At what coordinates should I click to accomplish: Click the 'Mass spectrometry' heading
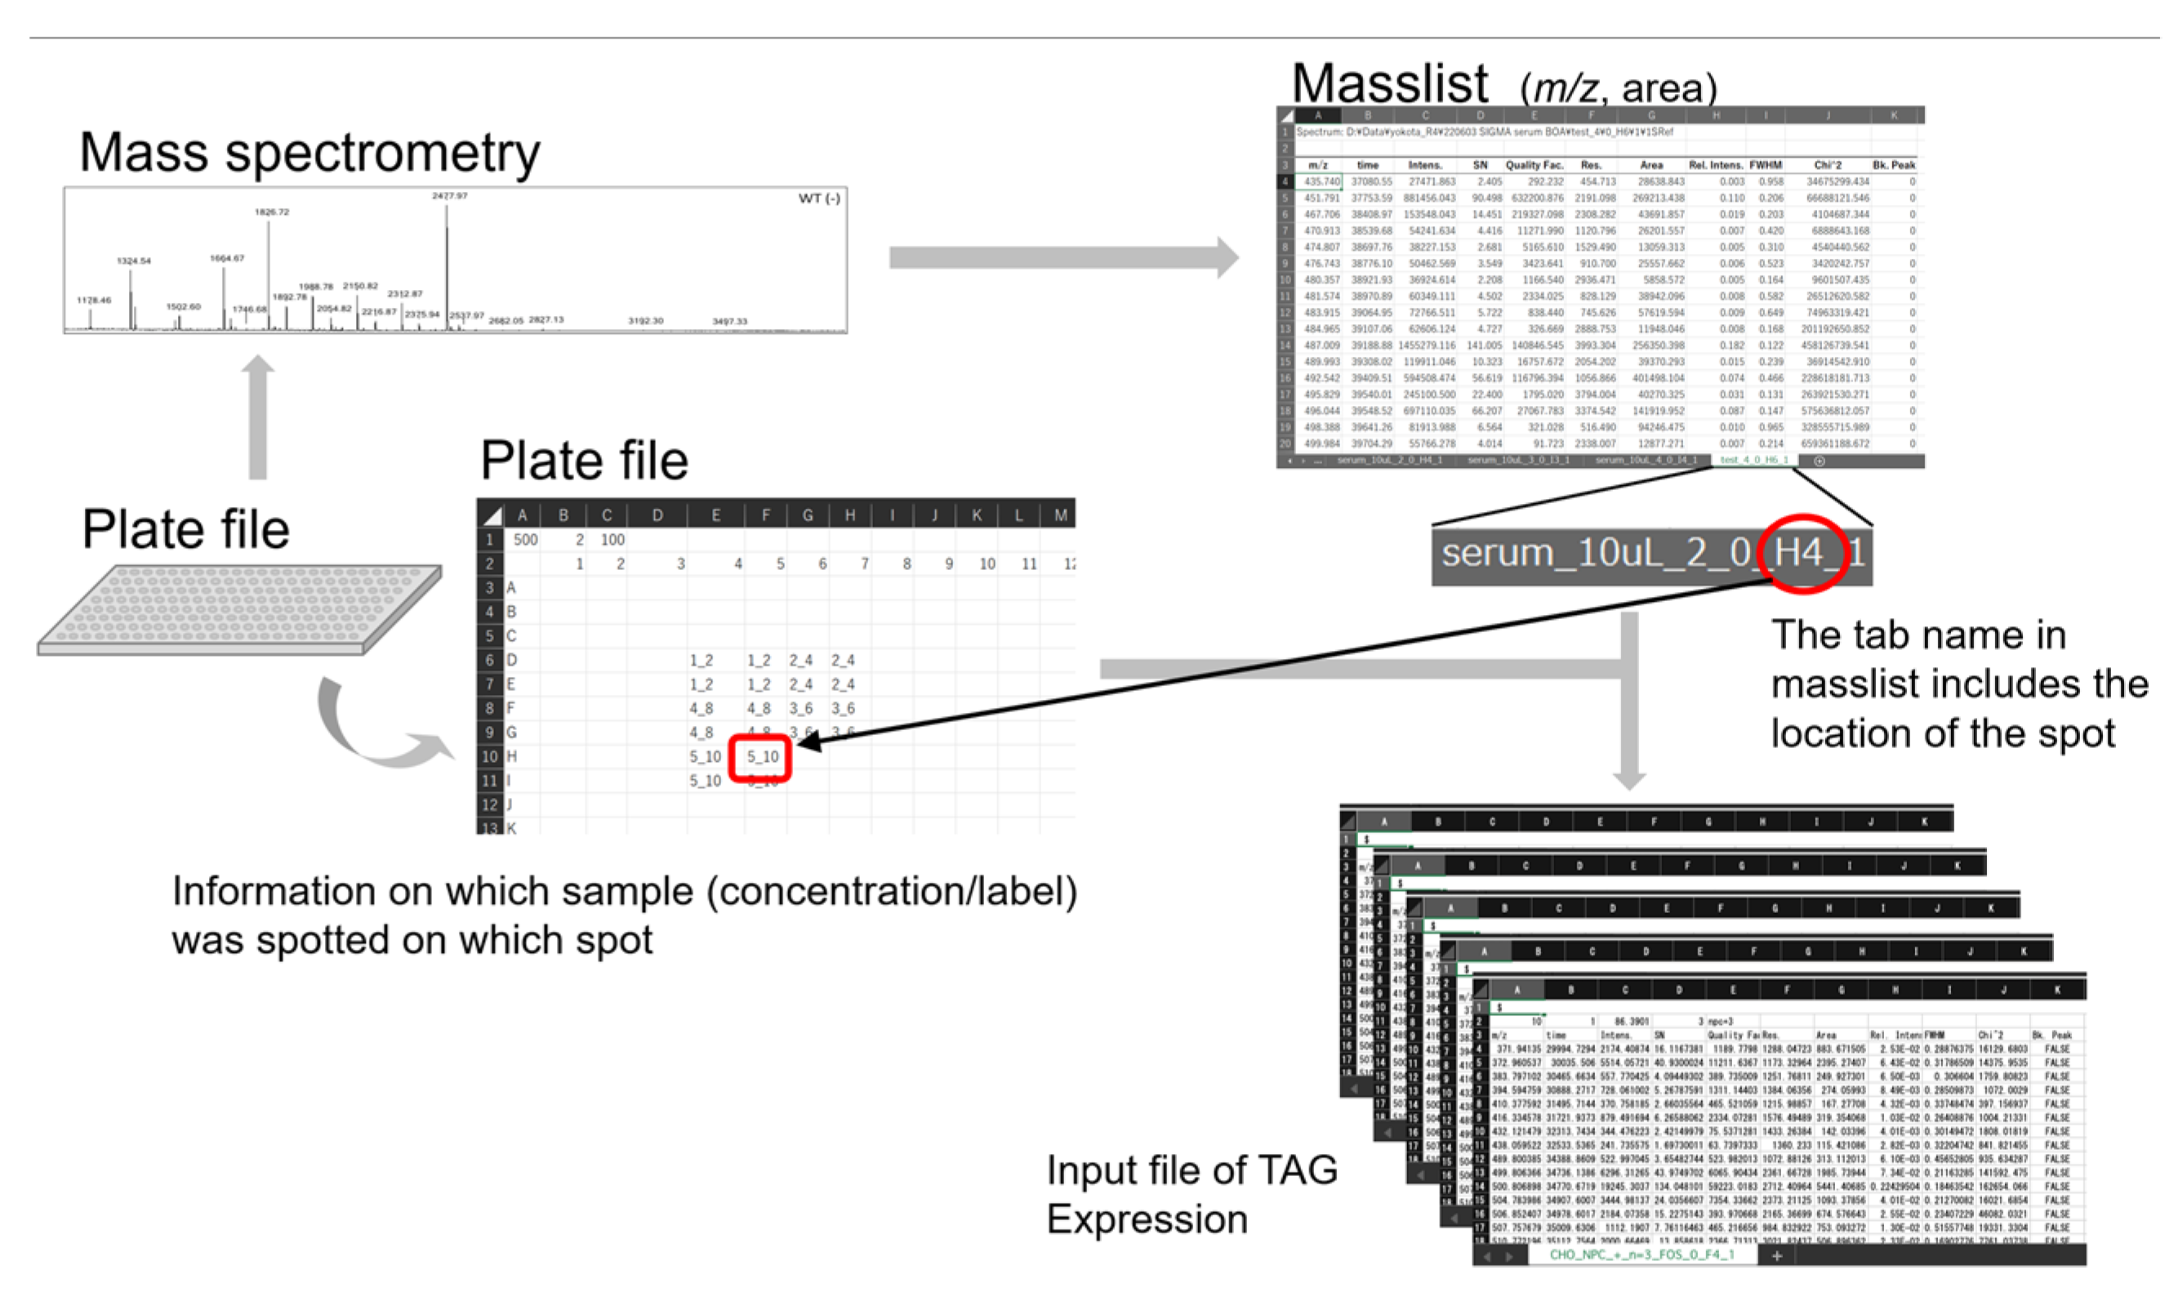(309, 154)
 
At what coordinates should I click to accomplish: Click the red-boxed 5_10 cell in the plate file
(761, 757)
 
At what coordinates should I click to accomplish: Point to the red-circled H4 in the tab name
(1800, 554)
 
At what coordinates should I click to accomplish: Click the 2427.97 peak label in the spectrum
(449, 196)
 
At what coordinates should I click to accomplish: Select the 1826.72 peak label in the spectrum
(272, 212)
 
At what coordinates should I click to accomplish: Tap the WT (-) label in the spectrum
(818, 198)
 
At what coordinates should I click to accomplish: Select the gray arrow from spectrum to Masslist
(1062, 258)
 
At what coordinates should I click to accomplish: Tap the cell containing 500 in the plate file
(525, 540)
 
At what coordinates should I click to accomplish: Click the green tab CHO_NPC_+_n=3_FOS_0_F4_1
(1641, 1254)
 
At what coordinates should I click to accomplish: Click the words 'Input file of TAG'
(1191, 1171)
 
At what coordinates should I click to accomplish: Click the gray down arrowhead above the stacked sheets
(1628, 777)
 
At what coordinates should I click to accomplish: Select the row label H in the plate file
(511, 756)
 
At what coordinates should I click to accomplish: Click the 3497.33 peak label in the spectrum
(728, 321)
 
